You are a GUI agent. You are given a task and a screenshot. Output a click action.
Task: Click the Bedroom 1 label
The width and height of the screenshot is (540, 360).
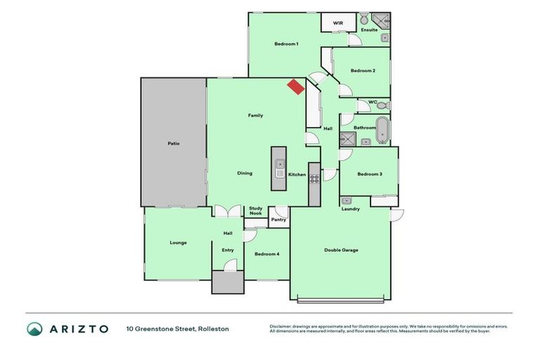point(286,44)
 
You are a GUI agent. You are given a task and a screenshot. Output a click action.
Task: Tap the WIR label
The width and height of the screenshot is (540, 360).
point(337,23)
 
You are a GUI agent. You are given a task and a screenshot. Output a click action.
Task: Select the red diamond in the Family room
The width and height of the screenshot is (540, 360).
point(295,86)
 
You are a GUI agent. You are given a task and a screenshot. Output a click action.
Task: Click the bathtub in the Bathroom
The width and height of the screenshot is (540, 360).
point(382,129)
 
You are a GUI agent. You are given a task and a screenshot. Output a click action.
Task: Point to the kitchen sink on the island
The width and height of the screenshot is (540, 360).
point(279,169)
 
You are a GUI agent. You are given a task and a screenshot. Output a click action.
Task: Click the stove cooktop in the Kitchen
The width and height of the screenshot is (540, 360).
point(314,174)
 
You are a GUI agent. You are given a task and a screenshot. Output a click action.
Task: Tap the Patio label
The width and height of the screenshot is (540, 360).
point(173,143)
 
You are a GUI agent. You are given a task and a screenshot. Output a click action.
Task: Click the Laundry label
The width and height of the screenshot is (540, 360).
point(350,209)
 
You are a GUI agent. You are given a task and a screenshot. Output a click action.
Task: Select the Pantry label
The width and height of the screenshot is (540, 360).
point(278,220)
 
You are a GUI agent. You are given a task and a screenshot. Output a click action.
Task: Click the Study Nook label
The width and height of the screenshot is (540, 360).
point(255,211)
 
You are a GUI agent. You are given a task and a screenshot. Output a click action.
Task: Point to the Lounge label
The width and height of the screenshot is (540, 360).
point(178,243)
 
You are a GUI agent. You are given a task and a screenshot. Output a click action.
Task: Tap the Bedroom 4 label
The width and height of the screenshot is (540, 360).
point(266,254)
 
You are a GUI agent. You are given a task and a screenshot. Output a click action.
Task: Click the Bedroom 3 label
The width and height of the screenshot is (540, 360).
point(369,174)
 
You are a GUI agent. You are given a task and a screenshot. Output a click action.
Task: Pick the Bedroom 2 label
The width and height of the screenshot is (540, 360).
point(363,70)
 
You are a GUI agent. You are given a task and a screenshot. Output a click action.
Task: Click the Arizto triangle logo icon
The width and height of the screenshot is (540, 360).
point(34,328)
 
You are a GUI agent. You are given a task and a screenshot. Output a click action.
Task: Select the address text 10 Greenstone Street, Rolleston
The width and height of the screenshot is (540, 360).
point(177,328)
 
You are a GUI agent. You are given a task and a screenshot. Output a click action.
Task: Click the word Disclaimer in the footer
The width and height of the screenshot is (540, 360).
point(282,326)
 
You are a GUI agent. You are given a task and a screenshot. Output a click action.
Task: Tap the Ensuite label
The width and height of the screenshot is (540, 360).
point(369,30)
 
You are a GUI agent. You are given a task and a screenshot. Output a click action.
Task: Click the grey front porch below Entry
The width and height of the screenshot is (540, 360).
point(228,283)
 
